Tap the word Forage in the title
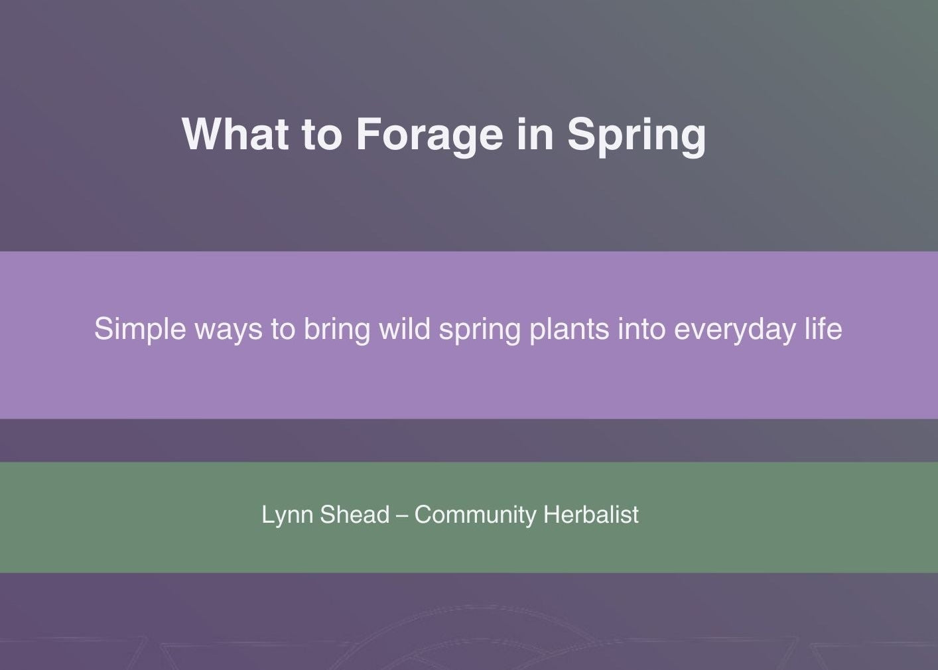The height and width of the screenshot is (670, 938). click(429, 135)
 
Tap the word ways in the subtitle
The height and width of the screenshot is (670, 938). click(228, 330)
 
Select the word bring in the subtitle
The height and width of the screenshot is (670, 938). click(336, 330)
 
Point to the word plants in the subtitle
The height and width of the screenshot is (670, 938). click(569, 330)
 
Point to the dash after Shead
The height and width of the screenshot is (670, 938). click(401, 515)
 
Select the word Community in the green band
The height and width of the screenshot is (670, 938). click(475, 515)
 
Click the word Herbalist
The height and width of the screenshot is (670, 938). click(590, 515)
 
